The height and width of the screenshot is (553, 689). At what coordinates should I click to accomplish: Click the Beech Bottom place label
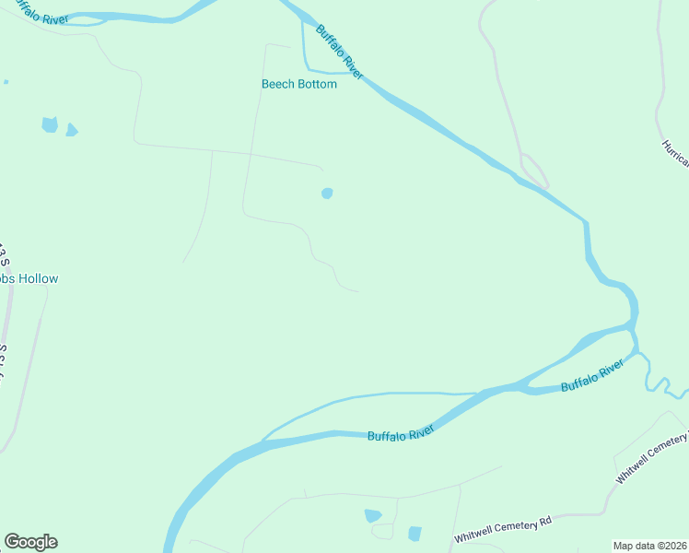pyautogui.click(x=299, y=84)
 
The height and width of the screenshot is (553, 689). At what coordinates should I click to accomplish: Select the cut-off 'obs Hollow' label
pyautogui.click(x=29, y=278)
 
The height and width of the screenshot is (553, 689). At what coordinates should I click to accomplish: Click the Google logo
pyautogui.click(x=30, y=542)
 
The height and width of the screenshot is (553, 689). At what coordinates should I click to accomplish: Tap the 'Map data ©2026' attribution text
pyautogui.click(x=649, y=546)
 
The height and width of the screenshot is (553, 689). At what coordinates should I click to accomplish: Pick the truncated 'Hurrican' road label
pyautogui.click(x=675, y=153)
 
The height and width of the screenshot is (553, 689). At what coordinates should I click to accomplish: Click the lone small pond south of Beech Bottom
pyautogui.click(x=326, y=194)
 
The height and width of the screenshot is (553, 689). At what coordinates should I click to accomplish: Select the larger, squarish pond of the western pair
pyautogui.click(x=50, y=124)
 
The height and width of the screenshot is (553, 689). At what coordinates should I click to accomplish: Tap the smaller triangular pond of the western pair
pyautogui.click(x=71, y=130)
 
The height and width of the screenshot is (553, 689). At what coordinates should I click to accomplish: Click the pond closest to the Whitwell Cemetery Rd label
pyautogui.click(x=415, y=534)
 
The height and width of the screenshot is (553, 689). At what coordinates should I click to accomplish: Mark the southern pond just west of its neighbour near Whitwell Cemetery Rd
pyautogui.click(x=373, y=516)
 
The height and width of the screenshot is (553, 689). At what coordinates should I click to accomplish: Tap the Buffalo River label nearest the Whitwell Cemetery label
pyautogui.click(x=592, y=378)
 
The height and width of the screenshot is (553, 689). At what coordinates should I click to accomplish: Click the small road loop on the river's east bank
pyautogui.click(x=535, y=170)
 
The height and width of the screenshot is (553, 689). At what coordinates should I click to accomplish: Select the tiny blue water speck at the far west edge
pyautogui.click(x=6, y=82)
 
